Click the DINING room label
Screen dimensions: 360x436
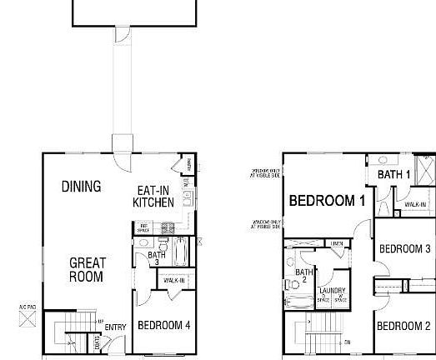pos(81,187)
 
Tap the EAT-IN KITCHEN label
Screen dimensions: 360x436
pos(154,197)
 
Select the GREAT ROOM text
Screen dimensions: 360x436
pos(86,270)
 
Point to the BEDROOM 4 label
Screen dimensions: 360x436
pos(164,325)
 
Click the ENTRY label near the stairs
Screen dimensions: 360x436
pos(116,327)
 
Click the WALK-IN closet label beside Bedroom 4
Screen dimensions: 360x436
pos(174,281)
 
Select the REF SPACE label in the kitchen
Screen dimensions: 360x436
pos(143,227)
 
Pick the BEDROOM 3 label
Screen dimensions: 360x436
pos(404,248)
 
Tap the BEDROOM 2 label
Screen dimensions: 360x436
pos(403,326)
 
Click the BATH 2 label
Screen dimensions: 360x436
pos(304,276)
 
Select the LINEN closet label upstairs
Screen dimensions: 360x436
pos(337,243)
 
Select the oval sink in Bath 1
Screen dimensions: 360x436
pos(383,159)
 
